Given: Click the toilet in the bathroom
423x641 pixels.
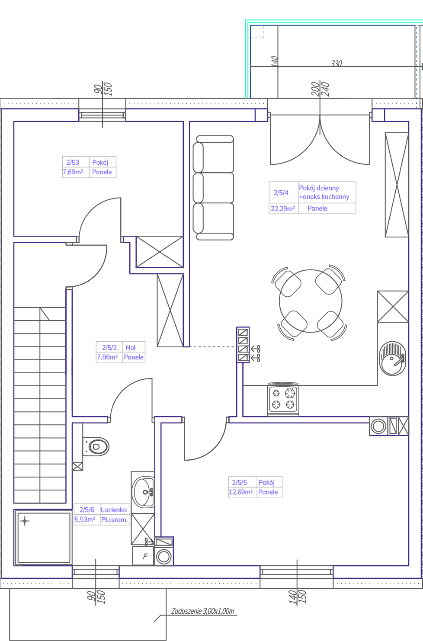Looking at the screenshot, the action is (96, 447).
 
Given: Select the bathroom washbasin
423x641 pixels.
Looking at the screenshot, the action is (144, 492).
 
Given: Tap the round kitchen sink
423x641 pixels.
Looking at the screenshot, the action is (393, 358).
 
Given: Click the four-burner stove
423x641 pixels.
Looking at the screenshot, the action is (283, 399).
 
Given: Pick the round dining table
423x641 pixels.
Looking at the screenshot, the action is (311, 301).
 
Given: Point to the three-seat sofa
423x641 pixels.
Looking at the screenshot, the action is (214, 188).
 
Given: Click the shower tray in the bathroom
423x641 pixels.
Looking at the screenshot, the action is (44, 537).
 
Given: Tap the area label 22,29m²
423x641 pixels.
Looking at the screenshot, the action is (283, 209).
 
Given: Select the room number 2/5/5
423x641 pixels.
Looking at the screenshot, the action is (239, 482).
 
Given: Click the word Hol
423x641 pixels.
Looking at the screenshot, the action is (131, 347).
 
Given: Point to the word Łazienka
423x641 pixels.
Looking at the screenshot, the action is (114, 510).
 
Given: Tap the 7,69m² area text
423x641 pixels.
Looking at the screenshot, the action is (73, 172).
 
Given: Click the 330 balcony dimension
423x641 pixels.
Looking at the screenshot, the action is (336, 63).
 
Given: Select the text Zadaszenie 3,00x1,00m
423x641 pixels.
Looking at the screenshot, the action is (202, 611).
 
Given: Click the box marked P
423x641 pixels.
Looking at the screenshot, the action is (144, 556).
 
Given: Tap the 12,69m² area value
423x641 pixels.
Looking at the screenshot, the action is (240, 492).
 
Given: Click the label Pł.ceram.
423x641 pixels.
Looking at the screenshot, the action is (115, 519).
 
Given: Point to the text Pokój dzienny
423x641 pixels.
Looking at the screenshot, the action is (319, 188).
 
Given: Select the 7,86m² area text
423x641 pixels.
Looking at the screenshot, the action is (107, 357).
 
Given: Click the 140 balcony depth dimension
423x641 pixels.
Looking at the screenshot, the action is (274, 61).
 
